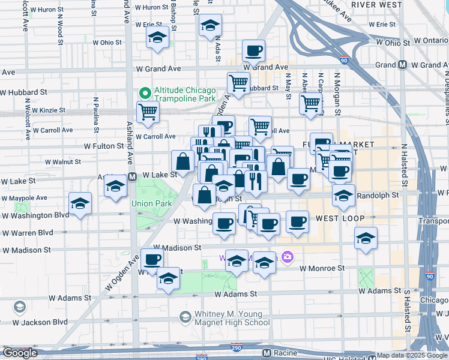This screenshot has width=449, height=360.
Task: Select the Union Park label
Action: (151, 203)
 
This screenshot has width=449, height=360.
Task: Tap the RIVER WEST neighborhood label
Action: (376, 5)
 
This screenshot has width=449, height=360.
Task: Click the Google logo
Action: (20, 353)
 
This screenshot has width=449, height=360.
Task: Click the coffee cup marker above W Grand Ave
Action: (253, 51)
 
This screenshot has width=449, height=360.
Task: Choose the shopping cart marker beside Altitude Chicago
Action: (148, 111)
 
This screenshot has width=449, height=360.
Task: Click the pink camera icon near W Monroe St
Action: (288, 257)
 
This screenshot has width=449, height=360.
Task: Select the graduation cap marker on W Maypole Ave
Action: (80, 203)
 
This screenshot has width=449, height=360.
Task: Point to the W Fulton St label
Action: (103, 146)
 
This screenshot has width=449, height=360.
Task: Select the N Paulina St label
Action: (95, 114)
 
